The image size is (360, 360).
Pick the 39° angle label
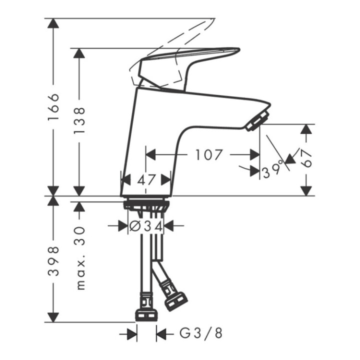(273, 171)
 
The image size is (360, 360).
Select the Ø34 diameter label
(146, 226)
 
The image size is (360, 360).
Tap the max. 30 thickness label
(79, 257)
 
